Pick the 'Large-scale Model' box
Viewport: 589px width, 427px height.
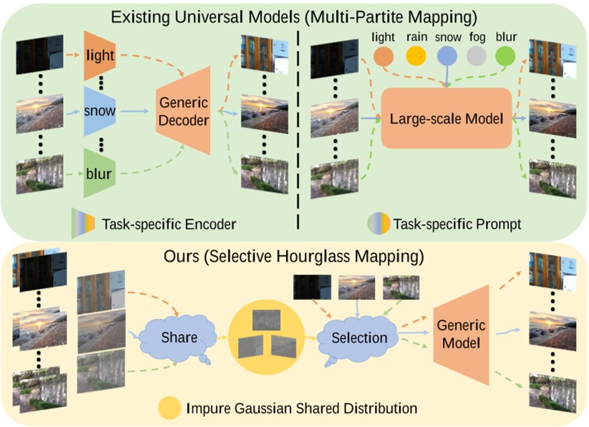coord(445,118)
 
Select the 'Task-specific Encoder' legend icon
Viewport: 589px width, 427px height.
coord(82,224)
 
